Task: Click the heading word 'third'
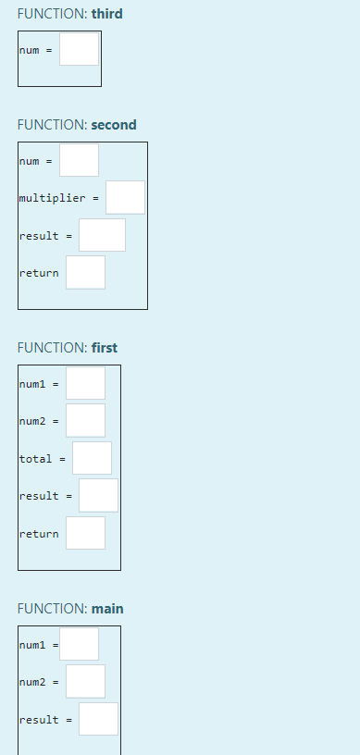106,14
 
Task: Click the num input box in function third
79,49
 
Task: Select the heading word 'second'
113,125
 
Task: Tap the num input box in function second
79,160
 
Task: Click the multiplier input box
125,197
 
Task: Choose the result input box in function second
102,235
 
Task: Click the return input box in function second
85,272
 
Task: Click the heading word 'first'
104,348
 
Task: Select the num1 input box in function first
85,383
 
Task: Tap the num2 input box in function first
85,420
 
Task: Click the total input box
92,458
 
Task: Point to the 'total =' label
42,459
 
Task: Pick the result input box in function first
98,495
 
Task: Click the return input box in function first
85,533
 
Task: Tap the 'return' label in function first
39,534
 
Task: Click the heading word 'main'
106,609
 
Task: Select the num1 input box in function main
80,644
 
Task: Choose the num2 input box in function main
85,681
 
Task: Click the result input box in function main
98,719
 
